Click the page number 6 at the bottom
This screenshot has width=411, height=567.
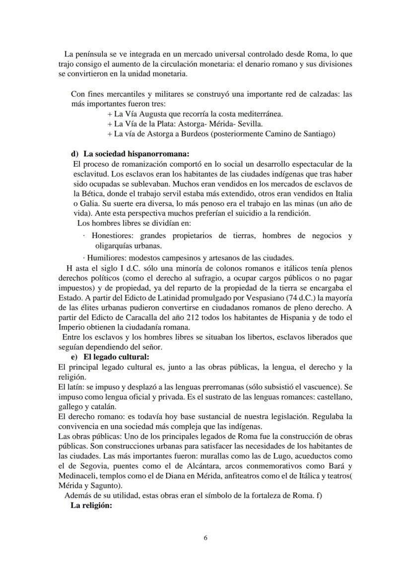coord(205,539)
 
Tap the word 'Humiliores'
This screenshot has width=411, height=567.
coord(106,257)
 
